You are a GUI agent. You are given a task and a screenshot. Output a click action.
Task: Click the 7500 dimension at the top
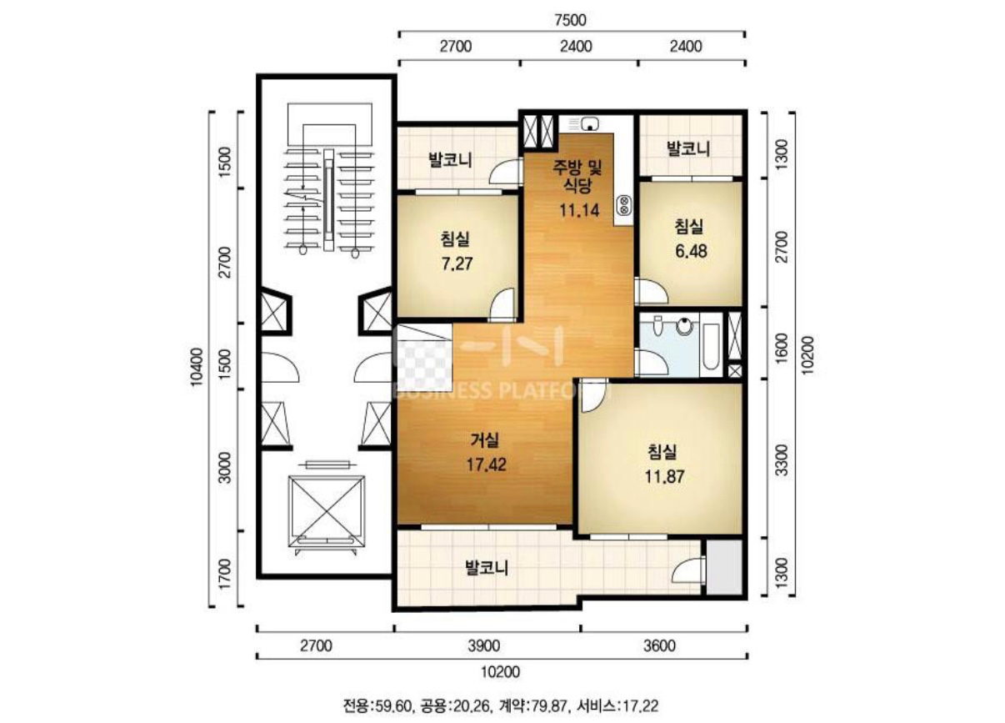570,20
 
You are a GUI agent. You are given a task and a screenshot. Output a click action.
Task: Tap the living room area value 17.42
487,464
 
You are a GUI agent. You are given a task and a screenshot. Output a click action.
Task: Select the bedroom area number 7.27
457,264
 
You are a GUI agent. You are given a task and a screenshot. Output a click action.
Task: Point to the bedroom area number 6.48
691,251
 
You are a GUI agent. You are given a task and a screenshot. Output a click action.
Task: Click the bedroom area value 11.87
664,476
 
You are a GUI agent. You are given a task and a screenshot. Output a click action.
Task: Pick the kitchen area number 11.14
579,209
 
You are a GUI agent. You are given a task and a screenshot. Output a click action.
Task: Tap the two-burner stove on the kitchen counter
624,205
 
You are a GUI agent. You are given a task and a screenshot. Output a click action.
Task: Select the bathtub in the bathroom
710,346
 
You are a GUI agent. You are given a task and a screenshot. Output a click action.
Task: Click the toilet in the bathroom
657,325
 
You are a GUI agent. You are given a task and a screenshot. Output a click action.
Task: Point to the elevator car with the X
326,511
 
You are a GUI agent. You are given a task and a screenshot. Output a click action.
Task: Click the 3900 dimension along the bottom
483,645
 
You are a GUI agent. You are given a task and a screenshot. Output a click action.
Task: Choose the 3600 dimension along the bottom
659,645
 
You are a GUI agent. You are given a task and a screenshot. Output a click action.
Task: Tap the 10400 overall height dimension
197,367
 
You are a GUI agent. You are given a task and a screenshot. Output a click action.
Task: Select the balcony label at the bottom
487,568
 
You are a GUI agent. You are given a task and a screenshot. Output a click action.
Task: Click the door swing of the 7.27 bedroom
502,304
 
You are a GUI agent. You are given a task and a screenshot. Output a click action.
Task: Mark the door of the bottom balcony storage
689,570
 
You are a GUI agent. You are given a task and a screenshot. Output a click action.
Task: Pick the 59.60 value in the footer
394,706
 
